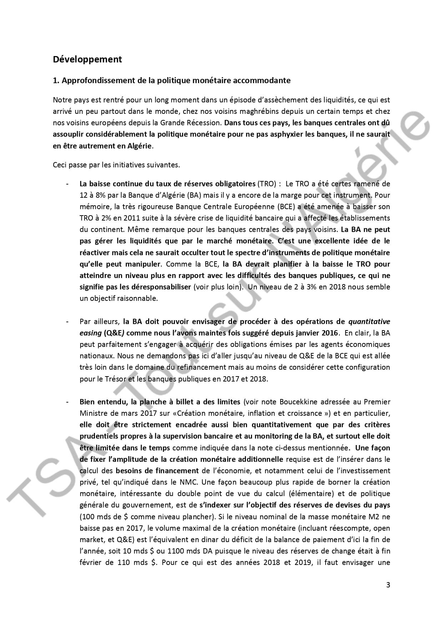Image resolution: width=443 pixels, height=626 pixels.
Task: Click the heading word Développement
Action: (x=87, y=59)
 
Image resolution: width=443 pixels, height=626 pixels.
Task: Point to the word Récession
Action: (x=204, y=123)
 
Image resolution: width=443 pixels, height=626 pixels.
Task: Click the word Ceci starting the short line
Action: (x=60, y=165)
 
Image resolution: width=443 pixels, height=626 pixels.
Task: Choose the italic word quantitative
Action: (x=369, y=322)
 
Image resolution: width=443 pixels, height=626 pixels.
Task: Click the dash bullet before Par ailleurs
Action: (x=67, y=322)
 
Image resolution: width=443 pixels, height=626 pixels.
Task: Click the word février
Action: (x=92, y=562)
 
